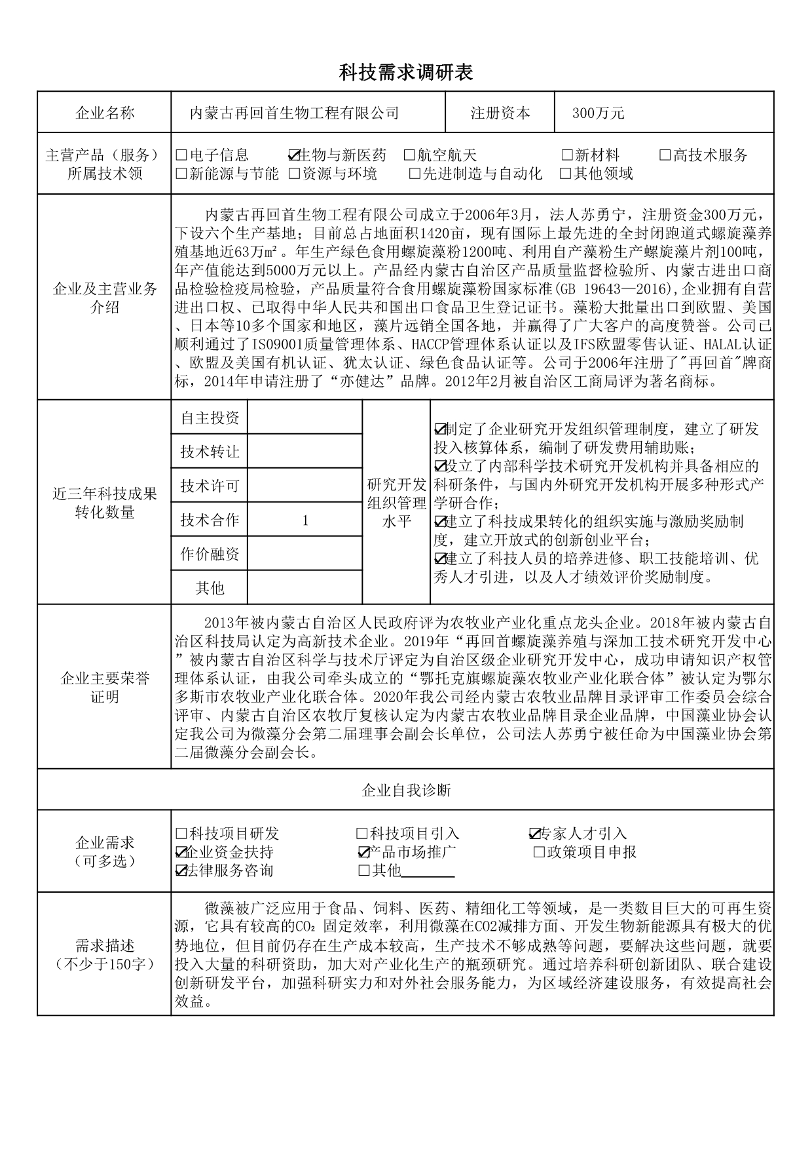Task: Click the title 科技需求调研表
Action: click(x=405, y=72)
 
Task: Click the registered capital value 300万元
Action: click(x=599, y=113)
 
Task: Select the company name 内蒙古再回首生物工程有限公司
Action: click(x=294, y=113)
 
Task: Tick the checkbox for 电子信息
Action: click(x=181, y=156)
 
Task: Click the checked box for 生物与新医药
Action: click(x=293, y=156)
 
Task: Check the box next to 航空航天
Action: click(x=409, y=156)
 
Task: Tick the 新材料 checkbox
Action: click(x=567, y=156)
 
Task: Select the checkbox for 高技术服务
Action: click(x=665, y=156)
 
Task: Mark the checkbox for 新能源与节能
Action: click(x=181, y=174)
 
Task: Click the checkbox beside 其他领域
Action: click(x=566, y=174)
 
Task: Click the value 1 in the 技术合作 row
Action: click(x=305, y=521)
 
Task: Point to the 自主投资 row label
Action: click(x=210, y=418)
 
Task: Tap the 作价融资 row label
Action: click(x=210, y=555)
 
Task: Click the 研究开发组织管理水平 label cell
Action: click(x=397, y=503)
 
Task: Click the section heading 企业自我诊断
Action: click(x=406, y=790)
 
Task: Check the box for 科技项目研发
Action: click(x=181, y=834)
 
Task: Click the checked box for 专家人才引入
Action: click(x=534, y=834)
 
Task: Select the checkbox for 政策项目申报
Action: click(x=540, y=853)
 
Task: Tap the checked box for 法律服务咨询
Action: click(x=181, y=871)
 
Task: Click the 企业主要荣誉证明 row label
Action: click(x=105, y=687)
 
